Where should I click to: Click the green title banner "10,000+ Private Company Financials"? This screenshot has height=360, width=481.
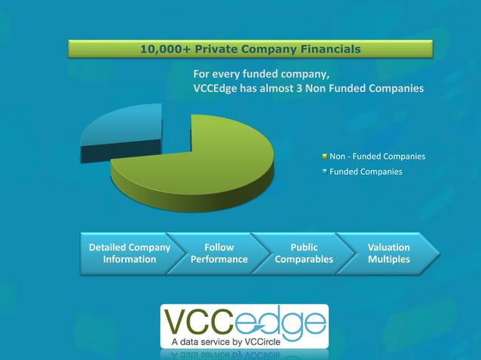250,50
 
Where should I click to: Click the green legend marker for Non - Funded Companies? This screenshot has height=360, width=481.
324,157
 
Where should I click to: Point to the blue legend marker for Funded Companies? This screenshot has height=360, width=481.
324,172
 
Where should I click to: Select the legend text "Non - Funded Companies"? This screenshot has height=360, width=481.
377,157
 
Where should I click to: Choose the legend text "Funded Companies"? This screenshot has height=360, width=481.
366,172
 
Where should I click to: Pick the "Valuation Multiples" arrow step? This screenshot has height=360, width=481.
388,253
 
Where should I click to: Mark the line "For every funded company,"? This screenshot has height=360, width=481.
262,75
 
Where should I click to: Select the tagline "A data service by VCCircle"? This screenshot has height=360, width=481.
223,341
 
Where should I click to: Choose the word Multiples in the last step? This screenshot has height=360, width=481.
389,259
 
